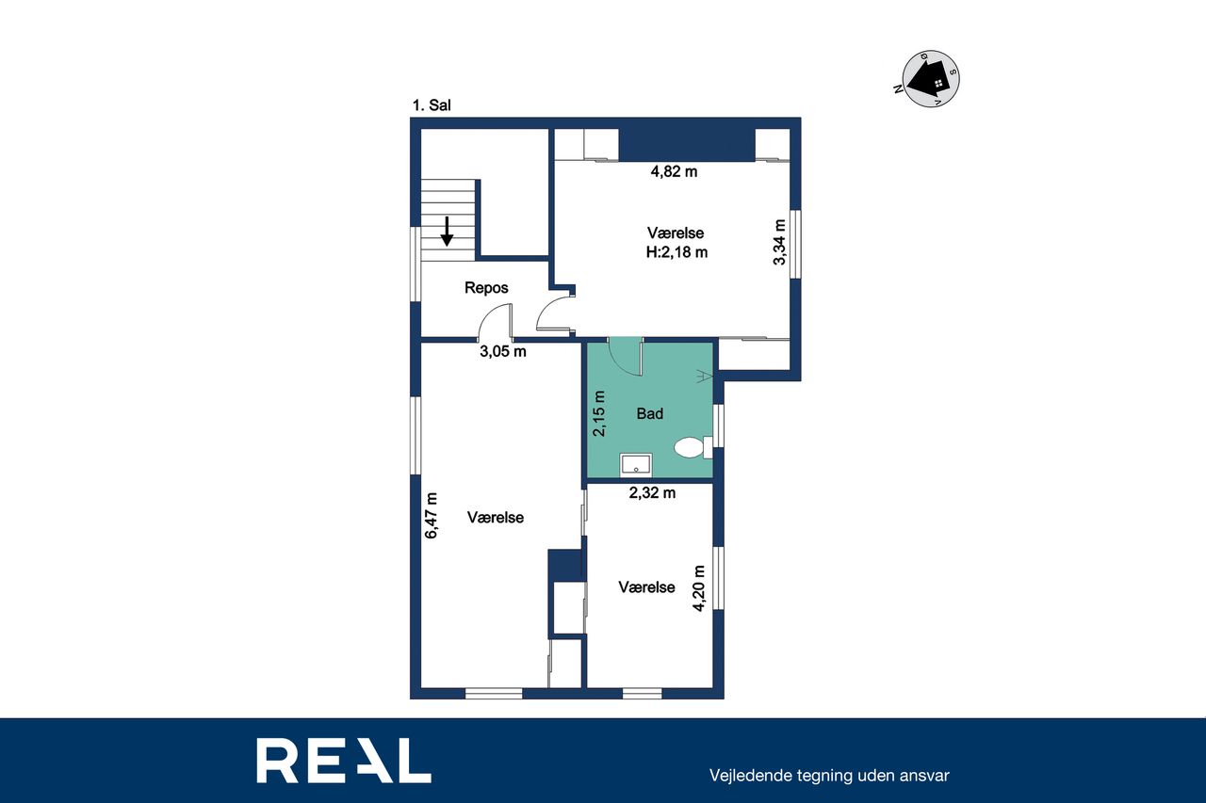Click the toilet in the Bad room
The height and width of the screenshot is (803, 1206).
pyautogui.click(x=693, y=447)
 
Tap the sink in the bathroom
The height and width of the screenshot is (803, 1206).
pyautogui.click(x=636, y=465)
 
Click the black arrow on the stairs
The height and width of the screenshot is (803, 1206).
pyautogui.click(x=447, y=232)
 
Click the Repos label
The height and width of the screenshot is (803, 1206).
pyautogui.click(x=486, y=288)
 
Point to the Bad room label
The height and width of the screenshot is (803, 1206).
pyautogui.click(x=650, y=413)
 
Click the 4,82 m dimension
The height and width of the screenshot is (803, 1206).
pyautogui.click(x=674, y=171)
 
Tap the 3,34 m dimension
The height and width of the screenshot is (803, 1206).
pyautogui.click(x=779, y=242)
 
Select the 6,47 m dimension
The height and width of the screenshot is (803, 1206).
pyautogui.click(x=432, y=515)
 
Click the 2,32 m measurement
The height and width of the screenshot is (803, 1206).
pyautogui.click(x=653, y=492)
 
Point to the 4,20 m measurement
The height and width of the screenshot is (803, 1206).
pyautogui.click(x=699, y=588)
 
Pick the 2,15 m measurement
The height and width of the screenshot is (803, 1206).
pyautogui.click(x=598, y=413)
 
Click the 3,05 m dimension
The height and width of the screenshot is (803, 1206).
pyautogui.click(x=503, y=352)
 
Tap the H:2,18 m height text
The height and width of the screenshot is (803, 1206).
pyautogui.click(x=676, y=252)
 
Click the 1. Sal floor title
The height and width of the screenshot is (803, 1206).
pyautogui.click(x=432, y=105)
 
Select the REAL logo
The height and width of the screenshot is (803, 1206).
pyautogui.click(x=344, y=760)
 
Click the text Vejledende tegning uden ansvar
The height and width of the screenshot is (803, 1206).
pyautogui.click(x=829, y=776)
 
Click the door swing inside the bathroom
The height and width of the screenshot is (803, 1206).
pyautogui.click(x=626, y=357)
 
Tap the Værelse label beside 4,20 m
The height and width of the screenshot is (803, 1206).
pyautogui.click(x=646, y=587)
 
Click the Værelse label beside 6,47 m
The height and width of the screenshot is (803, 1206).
pyautogui.click(x=496, y=518)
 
